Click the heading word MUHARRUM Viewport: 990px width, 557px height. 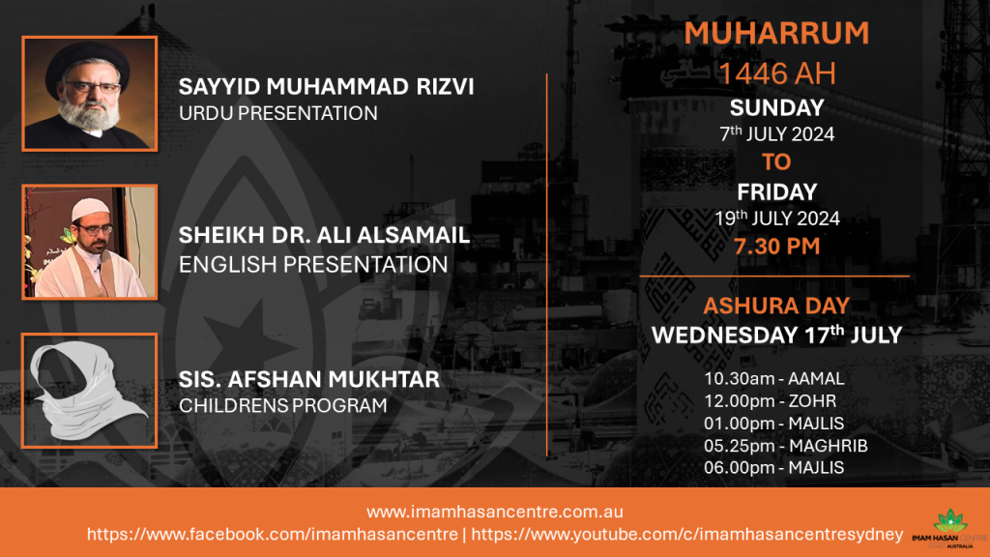pyautogui.click(x=776, y=34)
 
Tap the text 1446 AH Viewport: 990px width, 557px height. pyautogui.click(x=776, y=73)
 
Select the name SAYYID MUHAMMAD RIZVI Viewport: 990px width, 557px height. pyautogui.click(x=326, y=86)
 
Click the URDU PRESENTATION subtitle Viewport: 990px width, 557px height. pyautogui.click(x=277, y=113)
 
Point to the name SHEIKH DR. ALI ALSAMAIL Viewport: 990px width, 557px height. pyautogui.click(x=324, y=235)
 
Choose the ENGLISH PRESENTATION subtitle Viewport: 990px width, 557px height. pyautogui.click(x=313, y=264)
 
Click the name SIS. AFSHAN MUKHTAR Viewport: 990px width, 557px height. pyautogui.click(x=308, y=379)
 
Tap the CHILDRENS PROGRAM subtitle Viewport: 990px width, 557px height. pyautogui.click(x=283, y=405)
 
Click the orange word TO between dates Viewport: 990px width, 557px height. pyautogui.click(x=776, y=162)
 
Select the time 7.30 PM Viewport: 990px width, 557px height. pyautogui.click(x=776, y=247)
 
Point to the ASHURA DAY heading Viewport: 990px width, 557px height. pyautogui.click(x=776, y=306)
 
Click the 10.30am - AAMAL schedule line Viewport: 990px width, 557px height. pyautogui.click(x=774, y=378)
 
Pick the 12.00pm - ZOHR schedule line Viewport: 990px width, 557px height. pyautogui.click(x=771, y=401)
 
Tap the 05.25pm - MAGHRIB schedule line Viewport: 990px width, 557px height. pyautogui.click(x=785, y=446)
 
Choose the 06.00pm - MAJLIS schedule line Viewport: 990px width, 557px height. pyautogui.click(x=774, y=468)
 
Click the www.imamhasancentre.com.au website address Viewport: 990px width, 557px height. pyautogui.click(x=494, y=512)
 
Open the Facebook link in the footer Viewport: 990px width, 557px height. pyautogui.click(x=272, y=534)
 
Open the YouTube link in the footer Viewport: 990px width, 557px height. pyautogui.click(x=687, y=534)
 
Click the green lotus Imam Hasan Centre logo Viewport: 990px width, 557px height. pyautogui.click(x=950, y=528)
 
